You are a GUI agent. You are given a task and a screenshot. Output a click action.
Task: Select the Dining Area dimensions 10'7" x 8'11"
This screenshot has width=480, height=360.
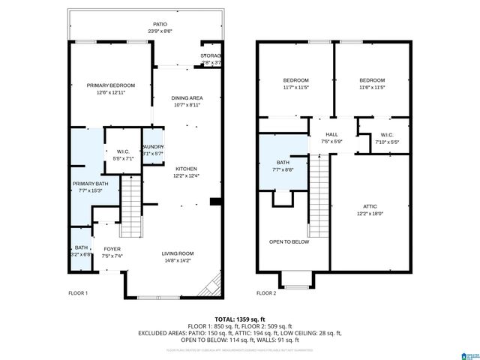point(187,105)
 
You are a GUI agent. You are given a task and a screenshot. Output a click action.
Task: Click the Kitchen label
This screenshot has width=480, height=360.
point(186,169)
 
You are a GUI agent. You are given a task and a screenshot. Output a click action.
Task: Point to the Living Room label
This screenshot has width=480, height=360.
point(178,253)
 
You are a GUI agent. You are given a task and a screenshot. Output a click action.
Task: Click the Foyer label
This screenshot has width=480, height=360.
point(112,249)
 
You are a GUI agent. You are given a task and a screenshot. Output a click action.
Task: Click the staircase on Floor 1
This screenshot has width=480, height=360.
point(131,199)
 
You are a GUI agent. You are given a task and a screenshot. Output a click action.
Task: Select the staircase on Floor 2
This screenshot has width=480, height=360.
point(319,195)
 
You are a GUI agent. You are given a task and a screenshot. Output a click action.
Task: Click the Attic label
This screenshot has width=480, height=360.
point(370,206)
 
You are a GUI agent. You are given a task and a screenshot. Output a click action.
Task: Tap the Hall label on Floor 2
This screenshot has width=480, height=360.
point(331,134)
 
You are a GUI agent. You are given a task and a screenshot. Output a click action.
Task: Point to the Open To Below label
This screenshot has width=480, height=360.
point(289,241)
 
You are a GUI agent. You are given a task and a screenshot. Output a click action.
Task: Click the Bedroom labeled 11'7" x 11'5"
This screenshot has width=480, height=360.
point(295,80)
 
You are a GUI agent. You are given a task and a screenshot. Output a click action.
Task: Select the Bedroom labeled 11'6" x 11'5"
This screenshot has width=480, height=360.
point(371,80)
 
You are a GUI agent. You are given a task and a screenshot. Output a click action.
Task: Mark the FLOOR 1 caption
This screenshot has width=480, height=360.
point(78,292)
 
